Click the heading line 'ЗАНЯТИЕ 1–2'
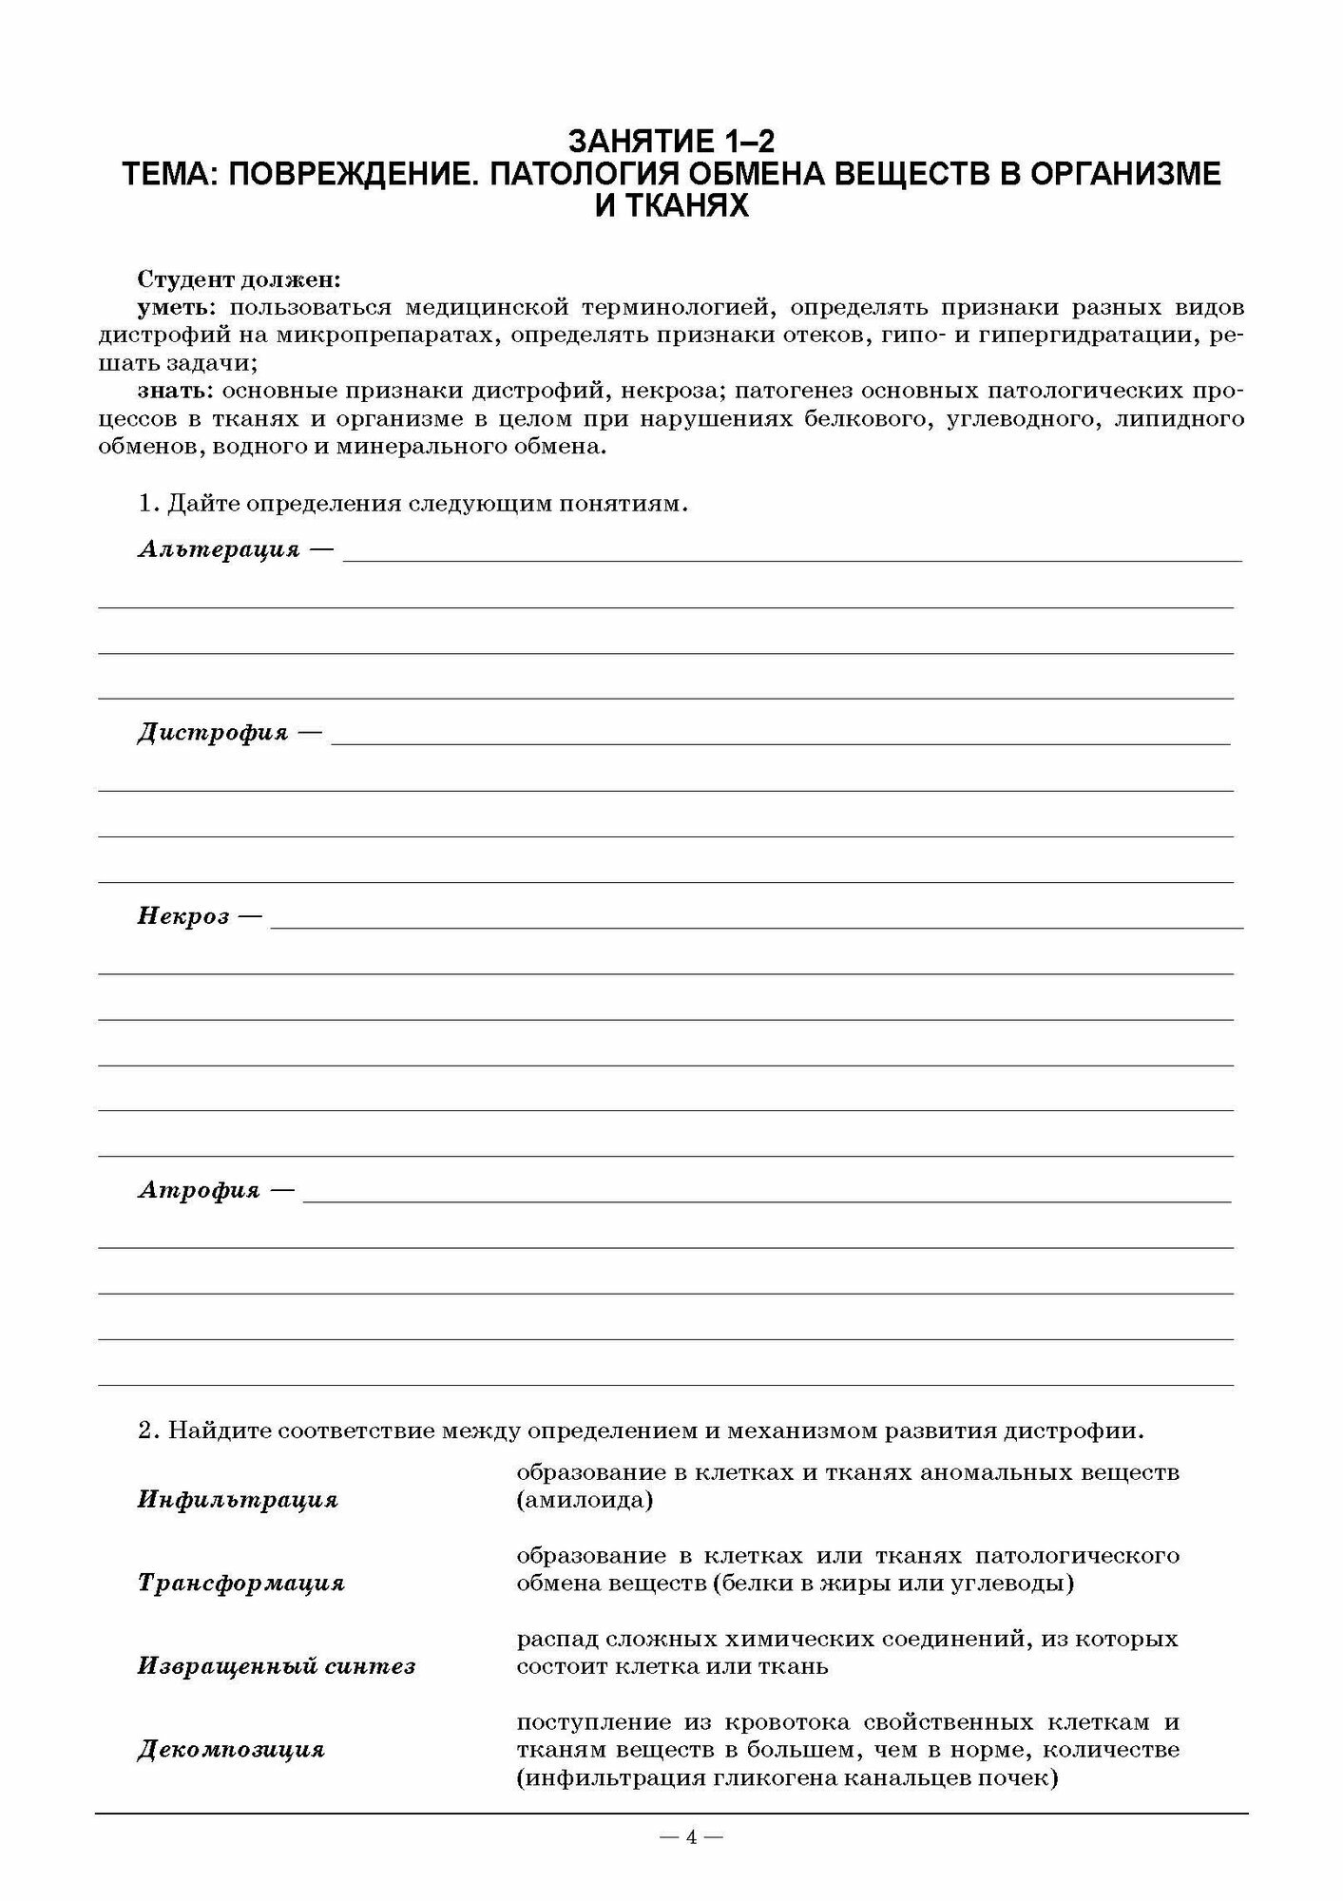671,143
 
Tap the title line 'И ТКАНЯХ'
671,205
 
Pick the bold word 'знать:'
177,392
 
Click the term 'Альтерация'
219,549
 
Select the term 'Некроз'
183,916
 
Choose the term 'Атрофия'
199,1190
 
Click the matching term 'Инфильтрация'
238,1500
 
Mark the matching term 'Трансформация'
240,1583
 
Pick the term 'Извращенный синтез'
277,1665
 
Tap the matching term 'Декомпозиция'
231,1749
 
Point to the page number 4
691,1837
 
